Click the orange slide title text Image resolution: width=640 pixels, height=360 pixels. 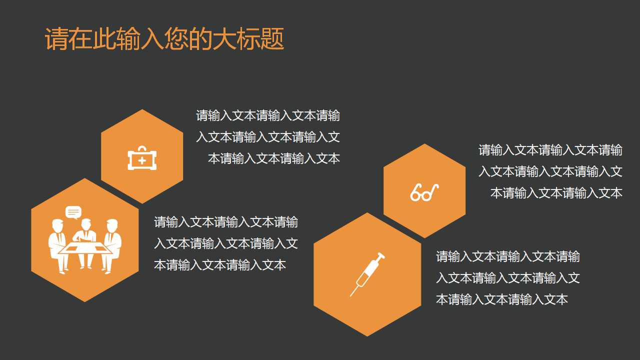coord(164,39)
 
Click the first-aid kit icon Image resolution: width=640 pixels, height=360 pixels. coord(142,158)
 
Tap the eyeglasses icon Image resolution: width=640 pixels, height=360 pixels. coord(424,192)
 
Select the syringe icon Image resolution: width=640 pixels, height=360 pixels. coord(367,273)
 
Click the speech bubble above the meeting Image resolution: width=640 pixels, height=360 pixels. coord(73,212)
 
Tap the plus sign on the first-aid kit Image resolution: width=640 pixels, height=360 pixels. coord(142,160)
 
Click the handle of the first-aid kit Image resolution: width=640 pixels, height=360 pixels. coord(142,149)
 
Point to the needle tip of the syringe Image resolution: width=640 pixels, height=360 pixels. coord(351,294)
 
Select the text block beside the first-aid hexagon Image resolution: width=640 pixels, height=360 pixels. coord(268,137)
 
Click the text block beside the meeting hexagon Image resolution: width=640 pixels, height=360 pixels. coord(225,243)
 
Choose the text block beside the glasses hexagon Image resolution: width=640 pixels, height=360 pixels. coord(550,171)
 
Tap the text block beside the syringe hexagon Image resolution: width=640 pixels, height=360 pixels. coord(507,278)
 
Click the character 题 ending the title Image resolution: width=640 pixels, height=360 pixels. coord(272,39)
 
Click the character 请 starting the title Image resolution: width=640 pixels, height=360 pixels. coord(56,39)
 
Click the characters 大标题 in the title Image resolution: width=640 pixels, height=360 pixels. coord(248,39)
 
